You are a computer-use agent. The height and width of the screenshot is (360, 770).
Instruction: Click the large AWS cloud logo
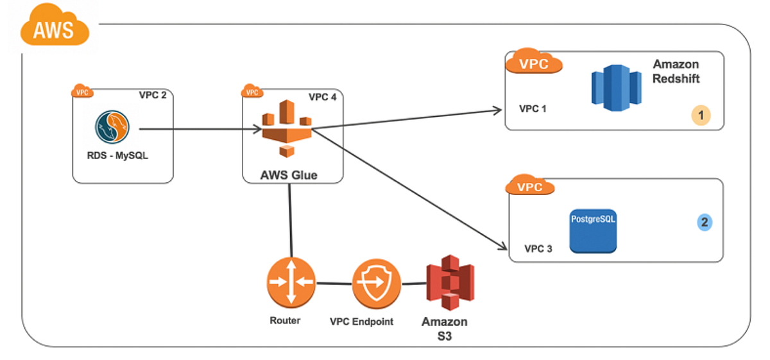(x=54, y=27)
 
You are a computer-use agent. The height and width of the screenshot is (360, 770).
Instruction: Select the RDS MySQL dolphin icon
(x=114, y=127)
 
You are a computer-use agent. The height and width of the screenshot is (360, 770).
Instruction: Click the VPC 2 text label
(x=153, y=96)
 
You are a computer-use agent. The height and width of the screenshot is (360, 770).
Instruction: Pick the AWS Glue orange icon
(x=286, y=128)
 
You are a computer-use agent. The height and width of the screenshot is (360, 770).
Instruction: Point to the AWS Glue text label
(x=289, y=175)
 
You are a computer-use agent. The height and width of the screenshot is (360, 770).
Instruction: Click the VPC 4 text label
(x=322, y=97)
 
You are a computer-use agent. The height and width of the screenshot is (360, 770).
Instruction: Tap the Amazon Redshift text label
(x=676, y=72)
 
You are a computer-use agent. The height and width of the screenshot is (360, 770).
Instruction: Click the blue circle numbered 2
(x=705, y=223)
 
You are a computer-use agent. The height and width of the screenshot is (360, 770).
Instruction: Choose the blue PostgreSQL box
(x=593, y=230)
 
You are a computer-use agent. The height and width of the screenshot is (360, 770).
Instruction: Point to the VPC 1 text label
(x=533, y=108)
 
